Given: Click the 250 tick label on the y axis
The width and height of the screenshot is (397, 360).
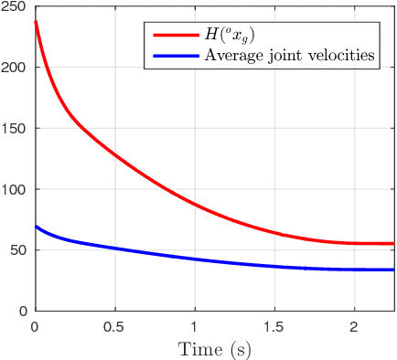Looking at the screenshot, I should (16, 7).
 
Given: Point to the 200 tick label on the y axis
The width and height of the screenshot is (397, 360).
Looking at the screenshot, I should (16, 68).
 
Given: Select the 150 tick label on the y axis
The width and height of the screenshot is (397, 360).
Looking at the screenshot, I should (16, 129).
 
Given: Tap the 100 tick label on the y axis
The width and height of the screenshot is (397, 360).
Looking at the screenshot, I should (16, 189).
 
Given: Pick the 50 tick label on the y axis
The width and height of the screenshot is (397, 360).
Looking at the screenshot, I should (19, 250).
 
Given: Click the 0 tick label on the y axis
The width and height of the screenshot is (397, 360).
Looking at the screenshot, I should (23, 311).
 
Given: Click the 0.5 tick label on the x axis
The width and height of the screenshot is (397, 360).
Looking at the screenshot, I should (114, 326).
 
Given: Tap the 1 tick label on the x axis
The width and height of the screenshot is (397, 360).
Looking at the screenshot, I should (194, 326).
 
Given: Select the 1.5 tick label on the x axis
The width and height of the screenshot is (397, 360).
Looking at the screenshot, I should (274, 326).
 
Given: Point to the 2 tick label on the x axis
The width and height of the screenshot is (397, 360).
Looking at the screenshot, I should (354, 326).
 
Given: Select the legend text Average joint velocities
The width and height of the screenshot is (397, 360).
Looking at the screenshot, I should (290, 55).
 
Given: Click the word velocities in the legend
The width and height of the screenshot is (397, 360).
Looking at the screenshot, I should (342, 55).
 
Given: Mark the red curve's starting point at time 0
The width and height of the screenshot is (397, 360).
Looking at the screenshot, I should (35, 22).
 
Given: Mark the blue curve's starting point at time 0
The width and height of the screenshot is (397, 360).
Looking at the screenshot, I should (35, 227).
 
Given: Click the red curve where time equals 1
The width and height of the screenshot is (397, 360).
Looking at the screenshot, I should (194, 204).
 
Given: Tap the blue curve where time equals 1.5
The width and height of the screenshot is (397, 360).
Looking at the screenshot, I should (274, 266).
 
